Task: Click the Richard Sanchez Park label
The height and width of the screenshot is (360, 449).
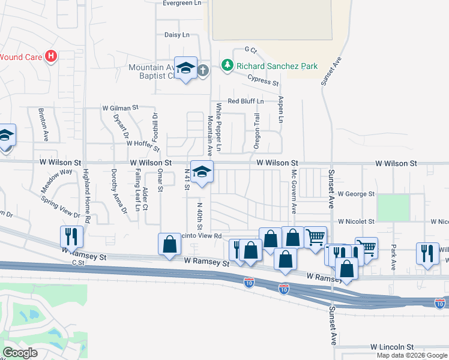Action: (277, 66)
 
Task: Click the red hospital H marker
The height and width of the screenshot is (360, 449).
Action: (52, 56)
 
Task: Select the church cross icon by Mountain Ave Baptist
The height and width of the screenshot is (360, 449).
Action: (203, 70)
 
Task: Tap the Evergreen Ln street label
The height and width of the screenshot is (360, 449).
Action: (182, 3)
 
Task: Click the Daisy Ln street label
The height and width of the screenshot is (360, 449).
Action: (177, 35)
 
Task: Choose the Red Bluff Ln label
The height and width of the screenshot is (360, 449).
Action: (245, 101)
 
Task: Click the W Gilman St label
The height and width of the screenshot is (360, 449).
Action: (120, 107)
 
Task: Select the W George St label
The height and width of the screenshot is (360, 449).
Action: (356, 194)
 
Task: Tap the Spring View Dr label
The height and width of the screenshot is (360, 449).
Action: (61, 206)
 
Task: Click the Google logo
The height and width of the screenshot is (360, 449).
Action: (20, 353)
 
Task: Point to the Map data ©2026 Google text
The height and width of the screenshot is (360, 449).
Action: (412, 355)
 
